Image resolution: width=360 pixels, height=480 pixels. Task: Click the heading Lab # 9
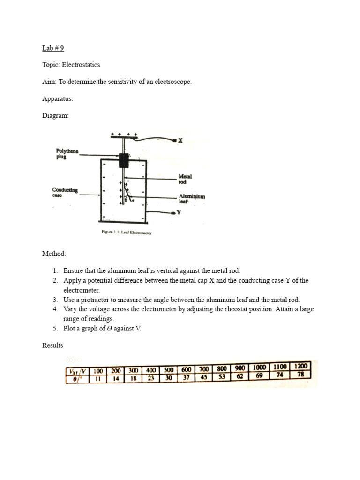coord(52,48)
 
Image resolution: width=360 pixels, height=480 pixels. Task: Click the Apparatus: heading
coord(58,98)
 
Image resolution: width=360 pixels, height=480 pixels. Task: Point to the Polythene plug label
coord(67,153)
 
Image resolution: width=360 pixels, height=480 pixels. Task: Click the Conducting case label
coord(65,192)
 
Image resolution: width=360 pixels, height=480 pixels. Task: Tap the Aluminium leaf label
coord(191,199)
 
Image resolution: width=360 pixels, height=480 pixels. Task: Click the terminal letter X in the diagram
coord(180,140)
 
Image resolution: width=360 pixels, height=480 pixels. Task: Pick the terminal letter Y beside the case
coord(179,212)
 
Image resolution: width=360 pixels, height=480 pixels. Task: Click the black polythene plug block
coord(124,160)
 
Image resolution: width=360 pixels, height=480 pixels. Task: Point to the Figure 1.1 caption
coord(127,232)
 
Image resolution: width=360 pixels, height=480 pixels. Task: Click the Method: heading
coord(54,254)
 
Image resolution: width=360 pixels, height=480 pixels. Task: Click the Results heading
coord(52,345)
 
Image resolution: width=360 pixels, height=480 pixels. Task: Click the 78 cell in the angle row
coord(300,375)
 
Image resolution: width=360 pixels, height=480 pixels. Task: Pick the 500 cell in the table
coord(168,370)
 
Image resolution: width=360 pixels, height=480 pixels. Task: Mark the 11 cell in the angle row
coord(98,378)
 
